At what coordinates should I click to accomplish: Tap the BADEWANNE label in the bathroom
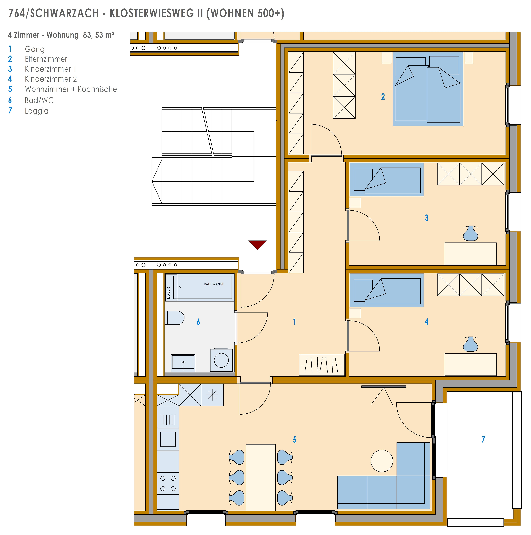[x=214, y=284]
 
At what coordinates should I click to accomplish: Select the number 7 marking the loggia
[x=483, y=439]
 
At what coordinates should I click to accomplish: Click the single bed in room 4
[x=386, y=290]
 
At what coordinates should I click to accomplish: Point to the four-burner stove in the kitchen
[x=168, y=483]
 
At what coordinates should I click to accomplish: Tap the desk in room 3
[x=470, y=254]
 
